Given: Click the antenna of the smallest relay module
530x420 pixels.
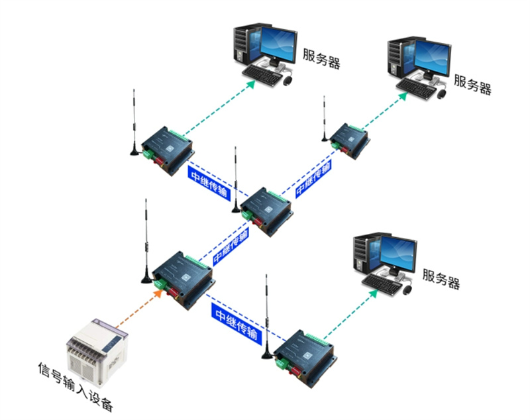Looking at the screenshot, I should click(325, 119).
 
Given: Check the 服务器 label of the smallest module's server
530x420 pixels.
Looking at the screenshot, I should click(472, 83).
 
